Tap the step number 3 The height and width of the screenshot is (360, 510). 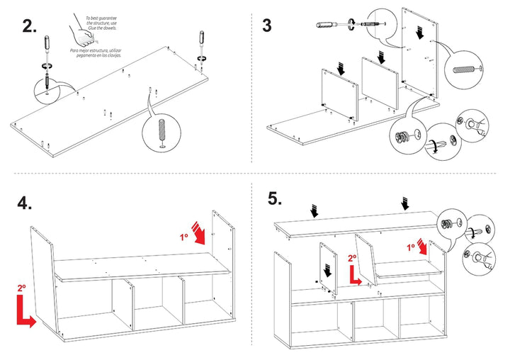click(266, 26)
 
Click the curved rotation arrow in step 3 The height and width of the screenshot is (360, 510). click(432, 145)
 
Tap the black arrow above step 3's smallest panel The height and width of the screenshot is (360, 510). click(341, 69)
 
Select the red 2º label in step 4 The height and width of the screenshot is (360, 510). click(21, 288)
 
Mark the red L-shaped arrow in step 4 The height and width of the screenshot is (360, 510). click(25, 312)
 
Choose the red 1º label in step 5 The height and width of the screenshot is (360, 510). click(412, 247)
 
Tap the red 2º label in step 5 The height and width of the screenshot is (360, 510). click(353, 259)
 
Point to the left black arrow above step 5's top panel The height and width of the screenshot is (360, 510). click(315, 210)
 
